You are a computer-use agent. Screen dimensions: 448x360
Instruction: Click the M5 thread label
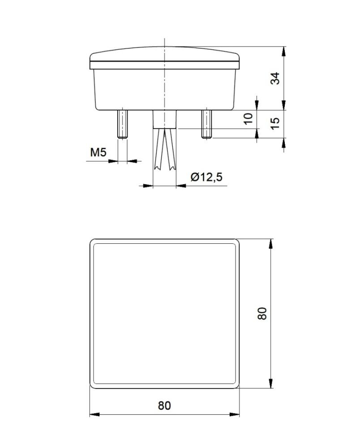tap(98, 153)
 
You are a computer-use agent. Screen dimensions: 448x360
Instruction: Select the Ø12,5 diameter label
tap(206, 177)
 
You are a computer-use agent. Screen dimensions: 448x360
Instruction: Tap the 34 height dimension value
tap(276, 78)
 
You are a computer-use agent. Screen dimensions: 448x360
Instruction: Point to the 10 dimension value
tap(249, 119)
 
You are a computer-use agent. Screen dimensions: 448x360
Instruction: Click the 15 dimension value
tap(276, 121)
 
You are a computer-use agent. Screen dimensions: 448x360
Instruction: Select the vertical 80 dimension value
tap(263, 313)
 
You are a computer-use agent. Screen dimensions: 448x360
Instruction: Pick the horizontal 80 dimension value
tap(164, 406)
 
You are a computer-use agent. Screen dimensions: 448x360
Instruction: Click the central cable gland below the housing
tap(165, 119)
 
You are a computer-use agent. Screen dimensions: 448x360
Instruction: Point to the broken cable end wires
tap(164, 150)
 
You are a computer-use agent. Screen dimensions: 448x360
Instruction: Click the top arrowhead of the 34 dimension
tap(283, 51)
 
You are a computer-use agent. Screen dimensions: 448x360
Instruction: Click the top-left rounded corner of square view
tap(93, 242)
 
